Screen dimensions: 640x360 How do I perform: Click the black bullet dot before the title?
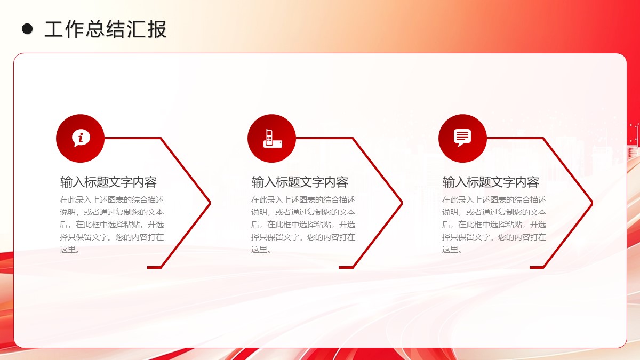click(27, 29)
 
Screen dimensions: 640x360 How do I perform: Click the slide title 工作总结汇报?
click(106, 29)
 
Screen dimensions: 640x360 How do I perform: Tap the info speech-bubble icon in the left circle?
click(81, 138)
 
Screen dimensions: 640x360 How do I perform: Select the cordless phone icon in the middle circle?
click(273, 139)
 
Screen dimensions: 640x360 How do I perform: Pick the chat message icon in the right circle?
click(462, 138)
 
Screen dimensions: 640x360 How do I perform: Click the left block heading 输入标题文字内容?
click(108, 182)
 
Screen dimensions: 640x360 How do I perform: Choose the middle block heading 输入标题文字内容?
click(300, 182)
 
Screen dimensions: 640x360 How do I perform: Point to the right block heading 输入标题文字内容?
click(491, 182)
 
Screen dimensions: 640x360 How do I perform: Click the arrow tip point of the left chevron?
click(210, 203)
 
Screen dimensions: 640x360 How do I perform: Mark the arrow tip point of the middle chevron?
click(402, 203)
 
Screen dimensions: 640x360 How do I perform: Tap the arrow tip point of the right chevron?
click(593, 203)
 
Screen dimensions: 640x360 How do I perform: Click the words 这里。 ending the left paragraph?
click(70, 250)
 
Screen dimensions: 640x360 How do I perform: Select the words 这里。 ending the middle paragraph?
click(261, 250)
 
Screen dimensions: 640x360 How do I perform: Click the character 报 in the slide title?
click(157, 29)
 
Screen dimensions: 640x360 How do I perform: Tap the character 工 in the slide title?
click(54, 29)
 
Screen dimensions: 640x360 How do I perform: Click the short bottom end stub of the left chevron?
click(154, 267)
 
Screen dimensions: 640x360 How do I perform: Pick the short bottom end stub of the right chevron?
click(537, 267)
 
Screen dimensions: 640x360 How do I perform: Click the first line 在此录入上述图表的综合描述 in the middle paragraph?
click(303, 199)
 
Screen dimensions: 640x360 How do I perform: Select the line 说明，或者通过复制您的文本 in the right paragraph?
click(494, 212)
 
